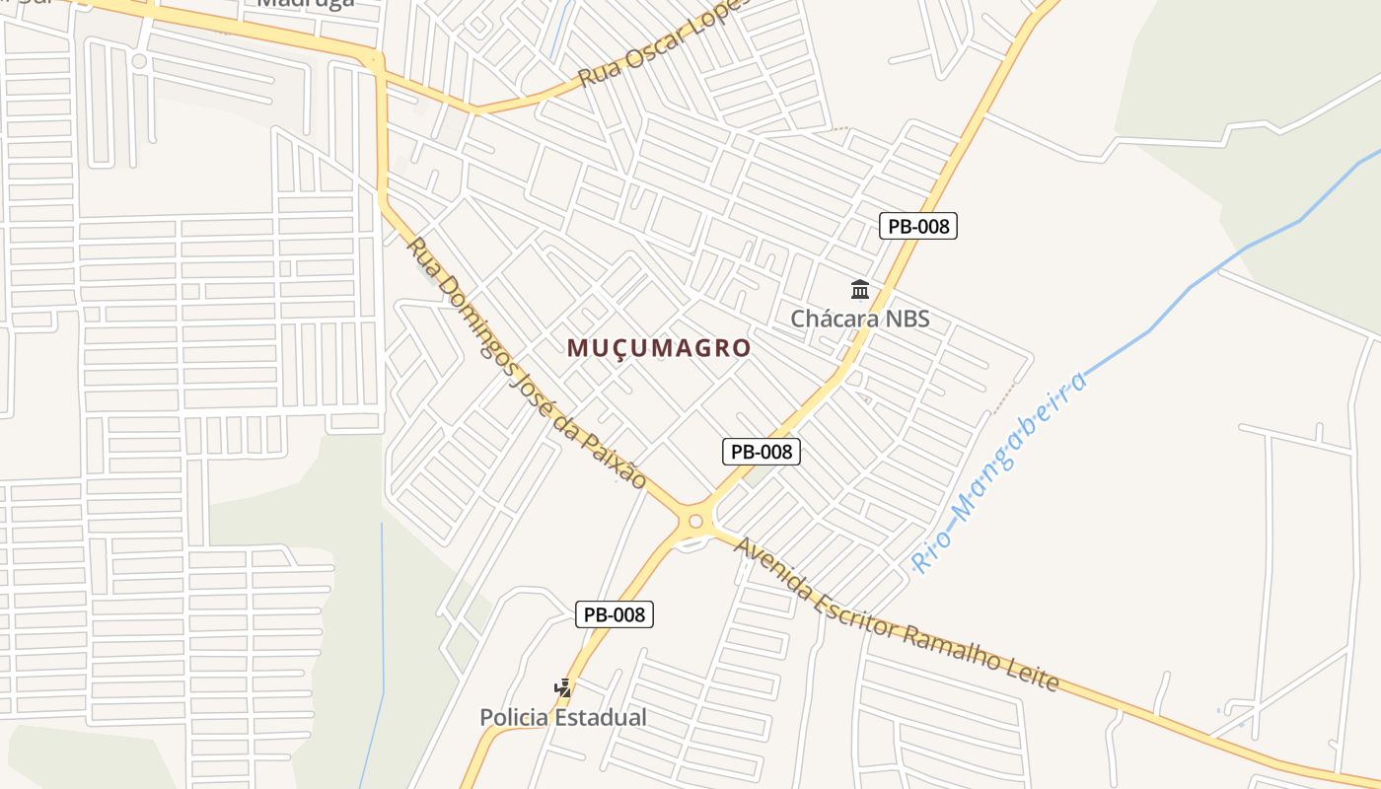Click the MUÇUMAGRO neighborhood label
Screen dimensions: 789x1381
(659, 348)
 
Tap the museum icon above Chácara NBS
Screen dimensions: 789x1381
(860, 290)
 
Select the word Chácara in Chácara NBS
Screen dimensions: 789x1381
(835, 320)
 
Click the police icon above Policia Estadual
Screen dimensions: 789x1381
(563, 687)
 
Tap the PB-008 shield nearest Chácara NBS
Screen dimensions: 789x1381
(918, 226)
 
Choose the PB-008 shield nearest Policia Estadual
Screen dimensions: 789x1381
(615, 614)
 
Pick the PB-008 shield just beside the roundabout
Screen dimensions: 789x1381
(761, 452)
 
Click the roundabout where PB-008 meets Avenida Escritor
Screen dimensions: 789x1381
(695, 521)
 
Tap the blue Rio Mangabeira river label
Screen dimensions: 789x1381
(1000, 471)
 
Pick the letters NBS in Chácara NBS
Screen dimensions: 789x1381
(905, 320)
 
